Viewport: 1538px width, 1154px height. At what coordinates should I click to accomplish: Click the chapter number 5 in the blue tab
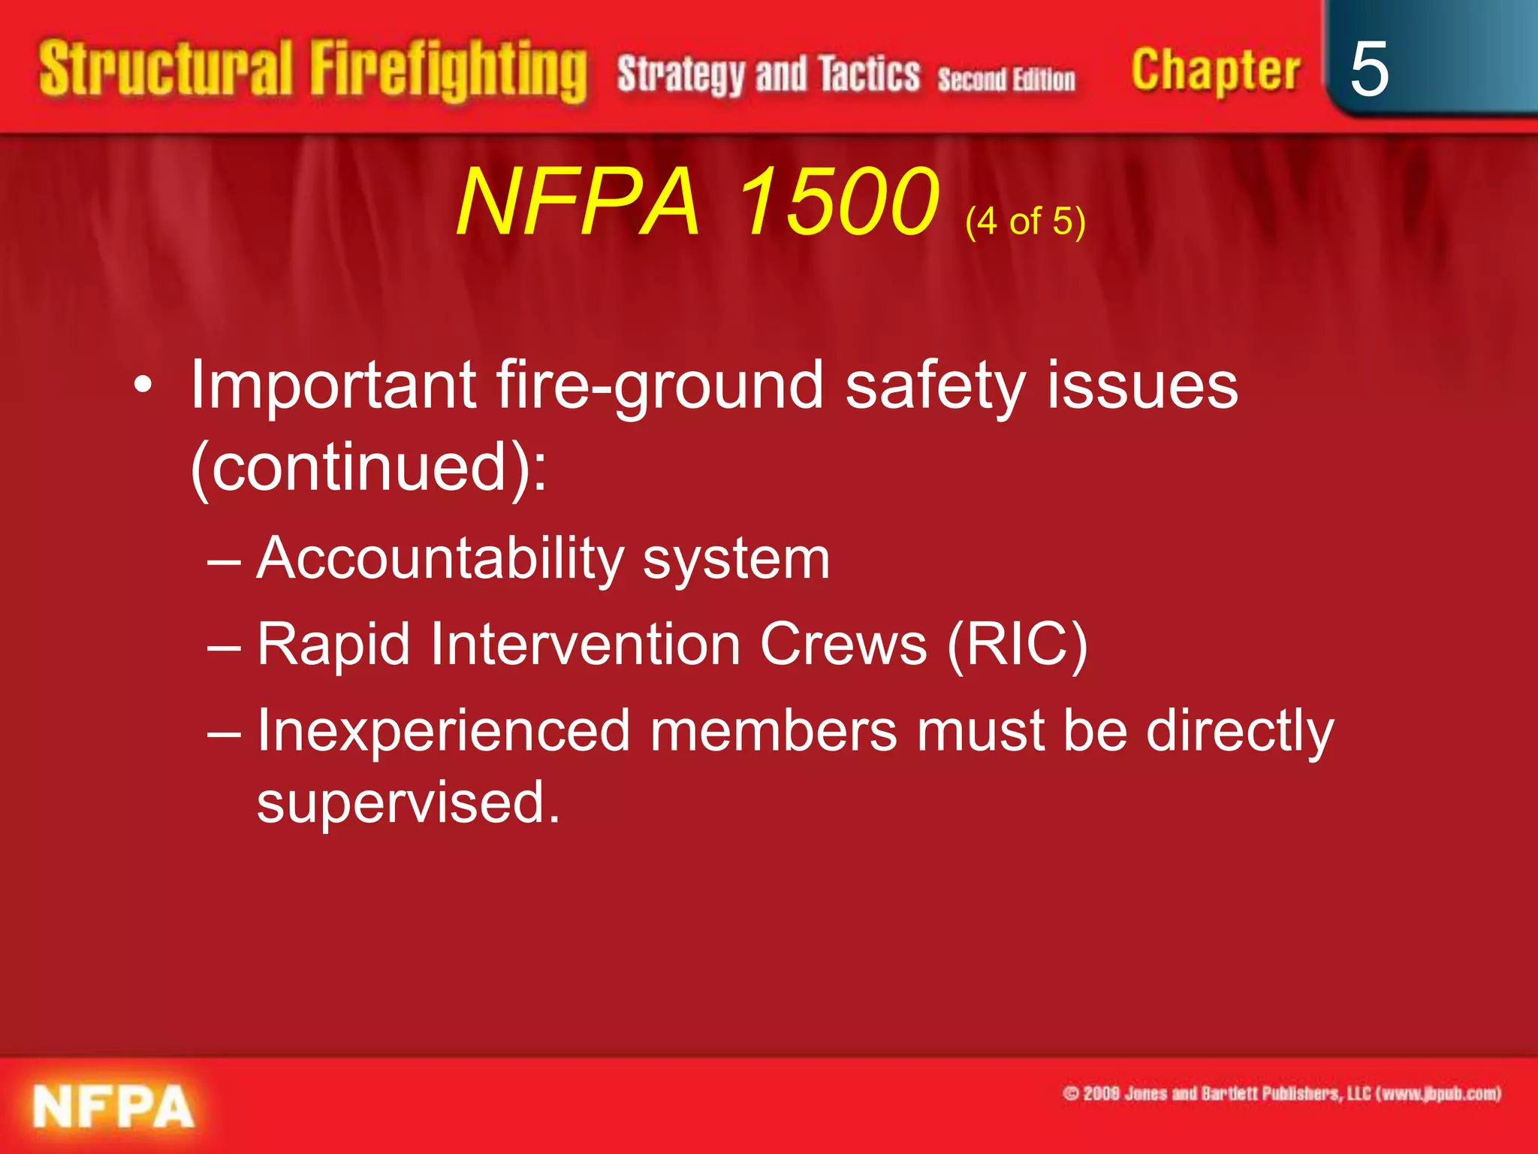tap(1368, 69)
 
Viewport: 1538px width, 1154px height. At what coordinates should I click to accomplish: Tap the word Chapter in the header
tap(1215, 71)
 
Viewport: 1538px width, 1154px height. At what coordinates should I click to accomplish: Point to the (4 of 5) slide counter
tap(1025, 221)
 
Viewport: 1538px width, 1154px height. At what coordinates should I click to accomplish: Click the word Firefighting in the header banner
tap(448, 71)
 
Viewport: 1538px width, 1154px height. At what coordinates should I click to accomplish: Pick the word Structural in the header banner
tap(165, 69)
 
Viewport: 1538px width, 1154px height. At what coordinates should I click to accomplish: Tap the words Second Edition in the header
tap(1006, 79)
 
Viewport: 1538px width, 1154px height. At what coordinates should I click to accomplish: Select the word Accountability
tap(439, 558)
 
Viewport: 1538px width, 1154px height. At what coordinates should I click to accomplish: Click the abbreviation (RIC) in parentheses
tap(1017, 645)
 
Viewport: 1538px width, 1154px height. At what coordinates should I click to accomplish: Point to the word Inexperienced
tap(443, 730)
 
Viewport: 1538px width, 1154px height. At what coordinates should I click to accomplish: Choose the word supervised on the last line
tap(408, 802)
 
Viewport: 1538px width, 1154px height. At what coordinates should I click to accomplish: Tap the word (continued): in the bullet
tap(368, 467)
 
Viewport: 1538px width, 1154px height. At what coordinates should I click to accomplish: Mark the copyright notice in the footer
tap(1281, 1093)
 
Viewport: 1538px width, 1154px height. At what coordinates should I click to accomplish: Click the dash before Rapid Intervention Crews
tap(224, 646)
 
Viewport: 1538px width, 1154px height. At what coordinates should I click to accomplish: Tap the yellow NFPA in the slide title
tap(578, 201)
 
